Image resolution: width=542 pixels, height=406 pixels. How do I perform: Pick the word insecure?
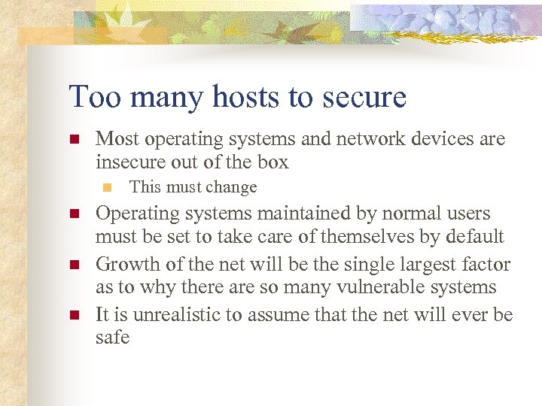click(130, 162)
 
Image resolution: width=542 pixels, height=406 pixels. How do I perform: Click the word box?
click(273, 162)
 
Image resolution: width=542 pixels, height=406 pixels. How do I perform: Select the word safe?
click(113, 338)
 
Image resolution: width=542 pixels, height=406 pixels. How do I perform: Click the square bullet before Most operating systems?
click(74, 140)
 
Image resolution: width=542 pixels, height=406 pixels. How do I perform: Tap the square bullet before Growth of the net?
click(74, 265)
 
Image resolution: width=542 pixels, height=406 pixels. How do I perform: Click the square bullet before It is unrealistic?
click(74, 314)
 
